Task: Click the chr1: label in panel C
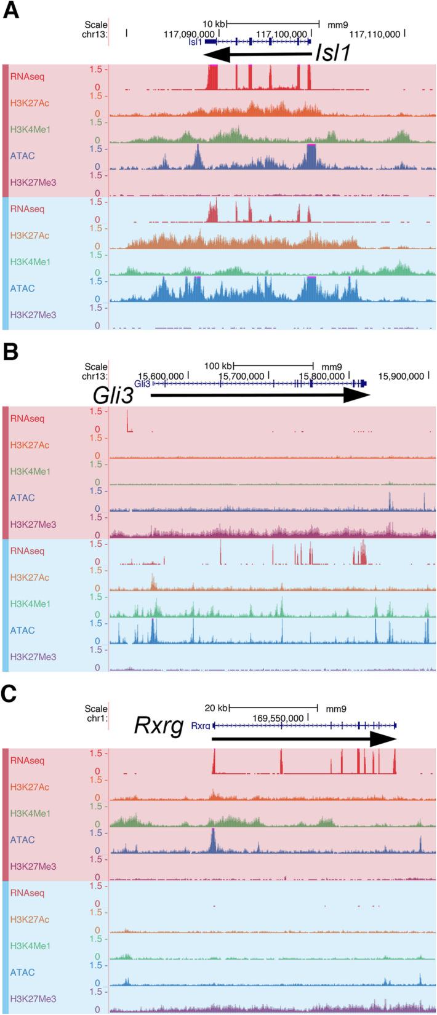click(96, 717)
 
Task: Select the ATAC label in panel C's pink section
click(22, 840)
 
